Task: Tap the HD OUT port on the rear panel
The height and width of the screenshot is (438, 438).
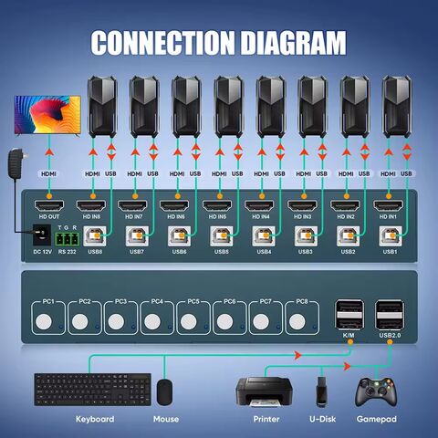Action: click(47, 205)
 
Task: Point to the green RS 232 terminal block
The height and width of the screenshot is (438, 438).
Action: click(68, 239)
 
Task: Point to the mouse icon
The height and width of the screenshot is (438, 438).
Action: click(164, 391)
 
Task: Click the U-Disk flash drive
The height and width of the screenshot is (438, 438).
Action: click(321, 390)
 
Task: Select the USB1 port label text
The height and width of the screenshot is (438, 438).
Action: click(390, 251)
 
